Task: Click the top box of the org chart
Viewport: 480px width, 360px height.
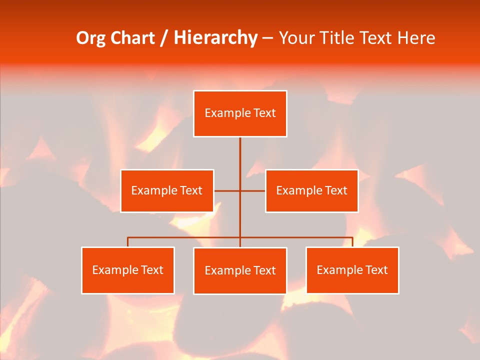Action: point(240,113)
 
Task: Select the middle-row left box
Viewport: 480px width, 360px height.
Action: point(167,190)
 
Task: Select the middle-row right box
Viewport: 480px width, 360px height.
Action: point(311,190)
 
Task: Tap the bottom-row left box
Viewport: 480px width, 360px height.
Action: point(128,270)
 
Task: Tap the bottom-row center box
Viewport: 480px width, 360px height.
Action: point(240,270)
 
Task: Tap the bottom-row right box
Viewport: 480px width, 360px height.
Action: point(352,270)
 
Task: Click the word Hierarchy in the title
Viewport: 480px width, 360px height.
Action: point(215,38)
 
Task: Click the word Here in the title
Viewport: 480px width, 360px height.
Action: point(416,38)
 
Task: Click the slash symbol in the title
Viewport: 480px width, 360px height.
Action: point(164,38)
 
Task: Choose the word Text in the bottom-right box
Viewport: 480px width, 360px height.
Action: point(376,270)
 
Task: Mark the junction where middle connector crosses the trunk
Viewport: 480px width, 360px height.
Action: point(240,190)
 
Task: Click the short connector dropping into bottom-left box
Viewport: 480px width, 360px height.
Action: point(128,242)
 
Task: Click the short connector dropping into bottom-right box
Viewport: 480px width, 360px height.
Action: point(352,242)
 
